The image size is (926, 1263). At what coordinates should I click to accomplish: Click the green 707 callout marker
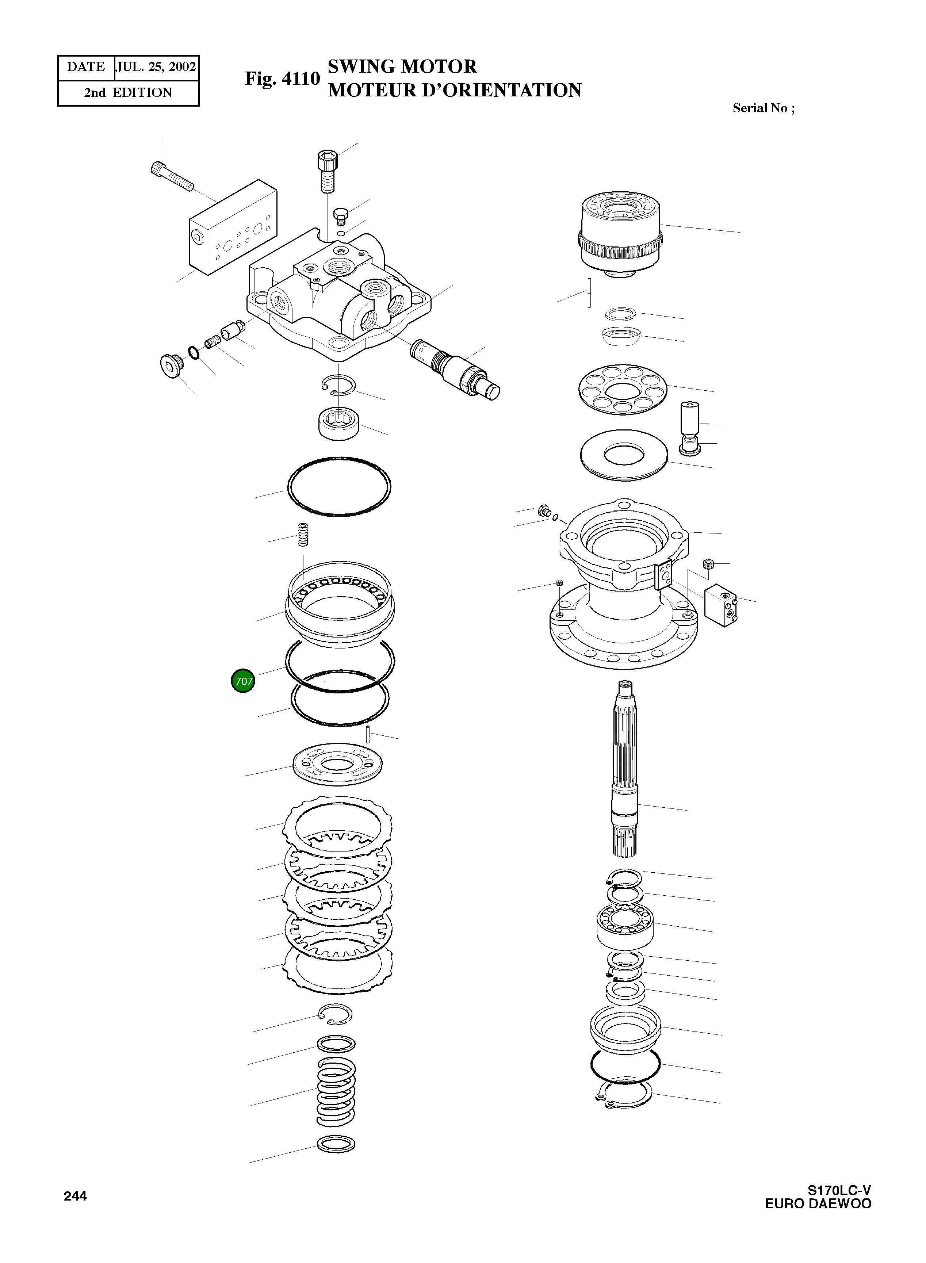[x=243, y=681]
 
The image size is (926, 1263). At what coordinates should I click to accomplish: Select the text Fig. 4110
[x=282, y=79]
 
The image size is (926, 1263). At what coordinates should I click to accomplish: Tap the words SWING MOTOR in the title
[x=402, y=67]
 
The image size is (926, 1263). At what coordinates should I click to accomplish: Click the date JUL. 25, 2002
[x=156, y=67]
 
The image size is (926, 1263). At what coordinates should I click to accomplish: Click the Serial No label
[x=763, y=108]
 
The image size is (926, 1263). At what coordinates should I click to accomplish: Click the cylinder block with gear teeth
[x=620, y=233]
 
